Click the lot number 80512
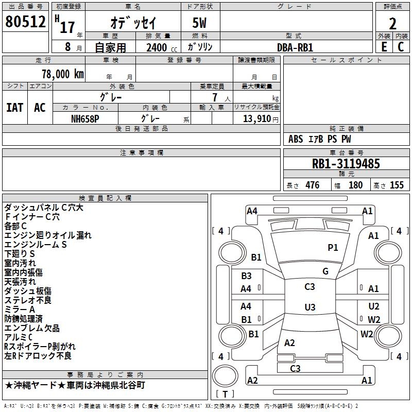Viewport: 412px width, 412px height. (x=25, y=22)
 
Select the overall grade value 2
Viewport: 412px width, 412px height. (x=392, y=24)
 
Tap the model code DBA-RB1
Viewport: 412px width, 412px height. (x=295, y=47)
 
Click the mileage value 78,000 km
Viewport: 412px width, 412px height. (x=63, y=74)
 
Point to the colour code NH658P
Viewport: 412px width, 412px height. (x=85, y=119)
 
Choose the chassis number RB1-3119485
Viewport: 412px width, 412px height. (x=346, y=164)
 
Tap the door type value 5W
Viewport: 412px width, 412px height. (x=199, y=23)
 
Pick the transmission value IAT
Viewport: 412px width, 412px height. (x=15, y=108)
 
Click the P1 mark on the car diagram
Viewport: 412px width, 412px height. (x=333, y=247)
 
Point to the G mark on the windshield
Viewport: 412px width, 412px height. (x=325, y=271)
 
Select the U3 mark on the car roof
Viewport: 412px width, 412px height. (x=310, y=307)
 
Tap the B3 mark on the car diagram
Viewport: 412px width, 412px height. (x=247, y=276)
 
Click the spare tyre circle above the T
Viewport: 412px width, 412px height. (x=225, y=375)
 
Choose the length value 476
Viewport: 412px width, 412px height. (x=313, y=185)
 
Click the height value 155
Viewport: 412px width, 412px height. (x=397, y=185)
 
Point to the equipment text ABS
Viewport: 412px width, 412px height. (x=296, y=139)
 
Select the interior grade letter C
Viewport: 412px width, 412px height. (x=401, y=47)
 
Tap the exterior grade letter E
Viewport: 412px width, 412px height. (x=384, y=47)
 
